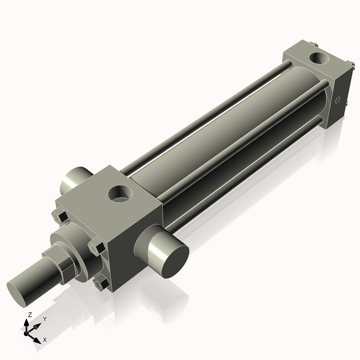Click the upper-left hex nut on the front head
[x=59, y=215]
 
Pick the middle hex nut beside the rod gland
[x=95, y=247]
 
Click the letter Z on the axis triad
[x=29, y=314]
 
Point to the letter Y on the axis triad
[x=44, y=319]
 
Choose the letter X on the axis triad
[x=44, y=340]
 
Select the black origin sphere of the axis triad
[x=26, y=333]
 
